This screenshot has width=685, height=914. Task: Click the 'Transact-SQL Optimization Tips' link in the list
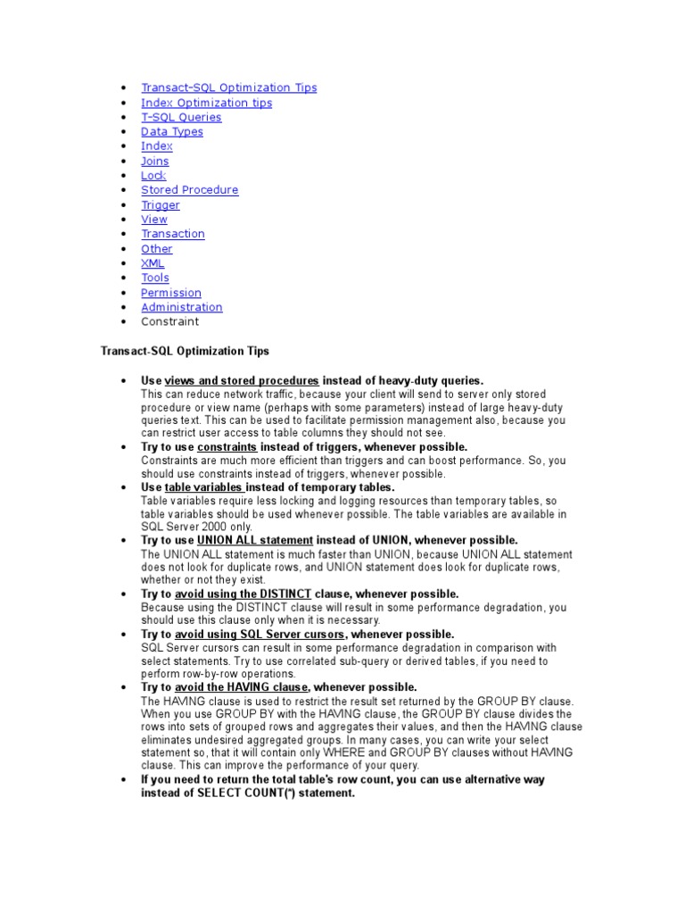pos(228,87)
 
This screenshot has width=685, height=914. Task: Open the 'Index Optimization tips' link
pos(206,103)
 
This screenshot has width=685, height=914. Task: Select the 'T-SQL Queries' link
pos(181,117)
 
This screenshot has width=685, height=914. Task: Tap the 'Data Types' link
pos(171,131)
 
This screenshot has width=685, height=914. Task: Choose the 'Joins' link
pos(154,161)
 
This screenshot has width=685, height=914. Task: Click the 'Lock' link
pos(153,175)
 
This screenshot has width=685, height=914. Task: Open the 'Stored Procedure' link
pos(189,190)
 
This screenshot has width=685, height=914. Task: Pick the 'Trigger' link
pos(160,204)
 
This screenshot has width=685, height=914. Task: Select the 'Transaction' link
pos(172,234)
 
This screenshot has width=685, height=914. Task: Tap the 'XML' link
pos(153,263)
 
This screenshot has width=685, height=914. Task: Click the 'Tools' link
pos(154,278)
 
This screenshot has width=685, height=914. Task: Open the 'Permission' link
pos(170,293)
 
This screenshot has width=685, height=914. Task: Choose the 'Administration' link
pos(181,307)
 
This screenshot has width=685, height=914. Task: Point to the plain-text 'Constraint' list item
pos(169,321)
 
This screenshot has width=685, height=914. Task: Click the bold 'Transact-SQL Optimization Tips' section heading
pos(185,352)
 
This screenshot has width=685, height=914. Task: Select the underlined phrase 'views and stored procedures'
pos(242,380)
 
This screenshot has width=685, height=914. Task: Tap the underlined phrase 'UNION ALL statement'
pos(255,540)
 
